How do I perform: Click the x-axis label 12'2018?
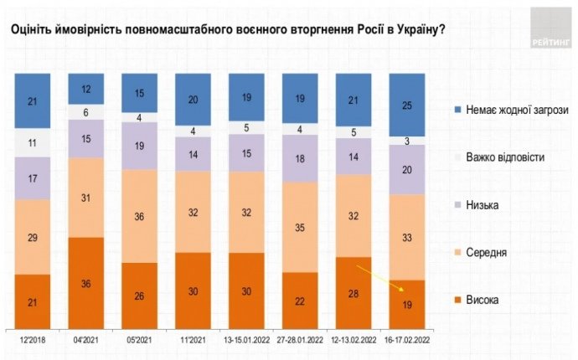(x=34, y=340)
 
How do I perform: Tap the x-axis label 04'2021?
(x=86, y=340)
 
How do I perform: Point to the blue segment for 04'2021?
(x=86, y=89)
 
